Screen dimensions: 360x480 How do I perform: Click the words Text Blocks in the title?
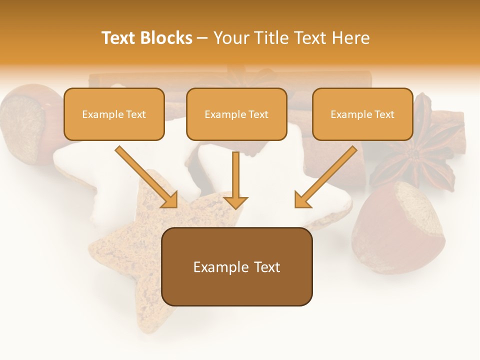click(x=146, y=38)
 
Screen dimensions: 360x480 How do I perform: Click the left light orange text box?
click(x=114, y=114)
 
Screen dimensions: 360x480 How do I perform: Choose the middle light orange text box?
click(x=236, y=114)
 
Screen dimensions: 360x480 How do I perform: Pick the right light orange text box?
click(x=362, y=114)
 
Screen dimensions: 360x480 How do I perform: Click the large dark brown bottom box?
click(x=236, y=266)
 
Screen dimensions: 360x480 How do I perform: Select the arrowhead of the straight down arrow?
click(x=235, y=202)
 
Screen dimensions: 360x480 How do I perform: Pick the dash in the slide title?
click(x=203, y=38)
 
